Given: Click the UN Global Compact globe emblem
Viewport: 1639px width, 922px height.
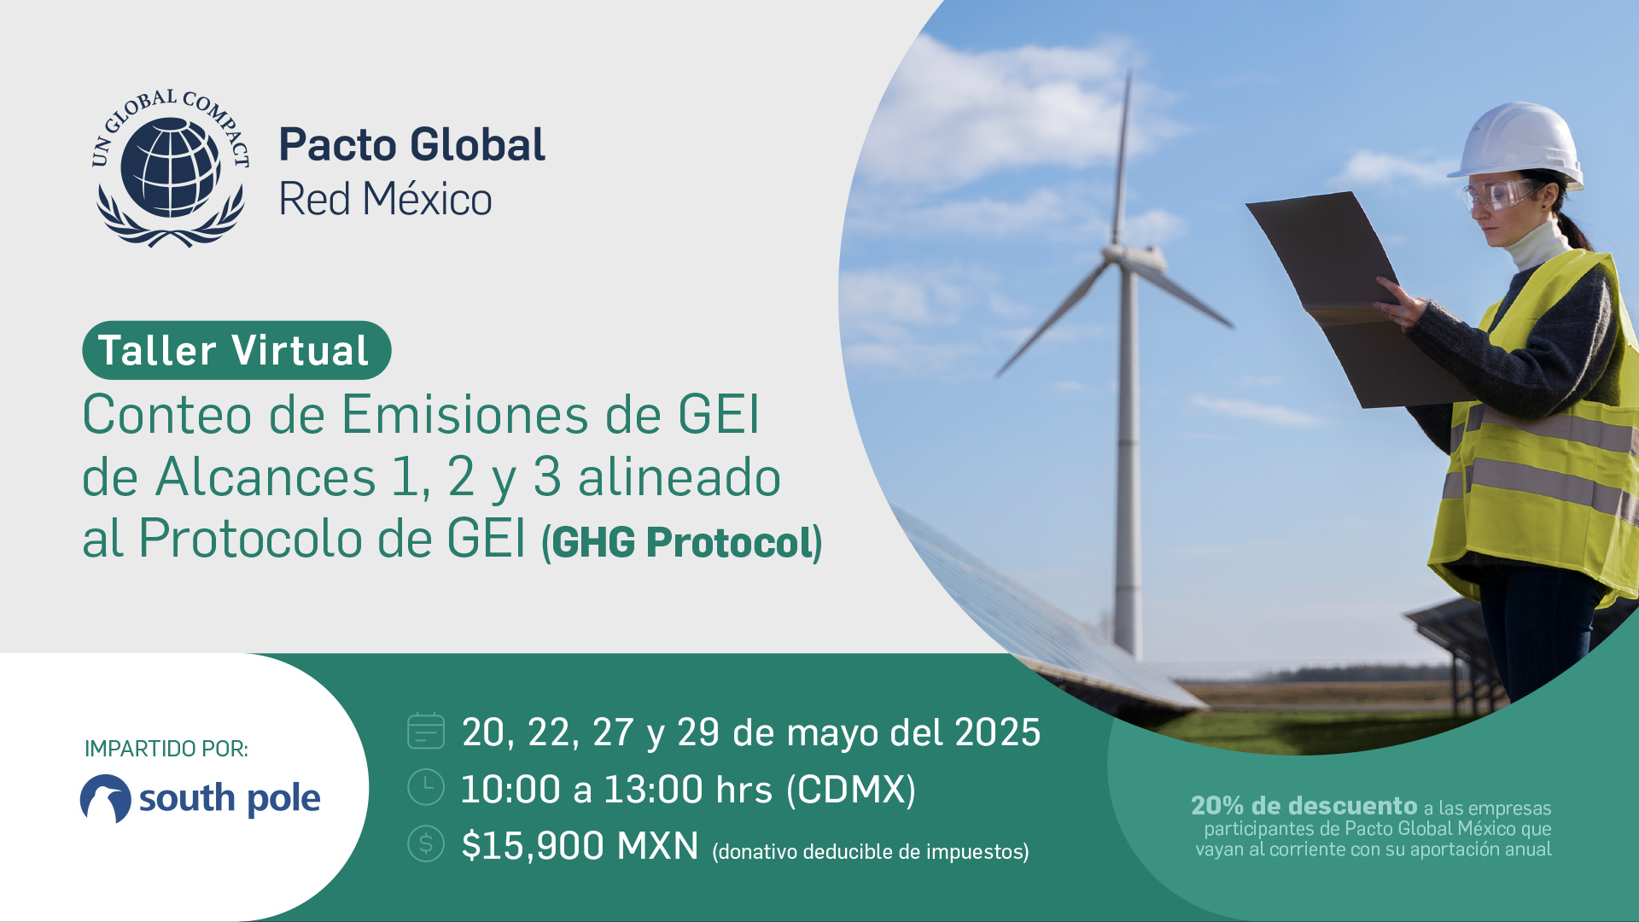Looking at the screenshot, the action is [171, 168].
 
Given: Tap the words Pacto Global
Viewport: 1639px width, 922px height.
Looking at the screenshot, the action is [411, 144].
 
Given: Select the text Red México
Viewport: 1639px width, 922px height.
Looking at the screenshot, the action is [385, 200].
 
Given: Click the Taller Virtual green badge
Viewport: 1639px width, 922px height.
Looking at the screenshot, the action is [236, 350].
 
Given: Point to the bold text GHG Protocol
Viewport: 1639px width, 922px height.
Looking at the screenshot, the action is [683, 542].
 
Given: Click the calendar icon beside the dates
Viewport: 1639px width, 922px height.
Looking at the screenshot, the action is [426, 731].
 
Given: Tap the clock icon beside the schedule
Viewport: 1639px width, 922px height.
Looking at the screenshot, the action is [426, 787].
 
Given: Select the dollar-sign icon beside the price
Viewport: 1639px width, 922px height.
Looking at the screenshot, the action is [426, 843].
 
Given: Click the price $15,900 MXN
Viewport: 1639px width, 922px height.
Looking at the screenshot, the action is [580, 846].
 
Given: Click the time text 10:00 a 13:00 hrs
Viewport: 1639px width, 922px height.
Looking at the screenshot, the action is [616, 789].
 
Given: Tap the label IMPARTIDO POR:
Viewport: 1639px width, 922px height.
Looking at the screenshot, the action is [166, 749].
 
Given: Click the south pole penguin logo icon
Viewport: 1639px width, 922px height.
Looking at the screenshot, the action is [106, 799].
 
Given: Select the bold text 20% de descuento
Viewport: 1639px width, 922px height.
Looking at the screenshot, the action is [1304, 805].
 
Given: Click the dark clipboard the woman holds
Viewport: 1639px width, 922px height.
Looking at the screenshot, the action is [1357, 299].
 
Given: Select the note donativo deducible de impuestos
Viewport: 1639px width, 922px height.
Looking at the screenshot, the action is [871, 852].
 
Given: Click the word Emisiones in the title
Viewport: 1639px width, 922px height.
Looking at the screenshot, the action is [465, 415].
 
